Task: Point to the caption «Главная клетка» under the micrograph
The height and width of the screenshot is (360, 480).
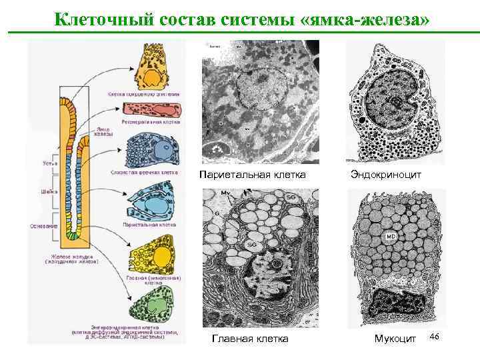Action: tap(250, 339)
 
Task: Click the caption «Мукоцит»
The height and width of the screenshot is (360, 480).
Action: tap(395, 339)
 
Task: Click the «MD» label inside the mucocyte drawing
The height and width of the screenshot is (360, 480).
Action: tap(391, 237)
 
